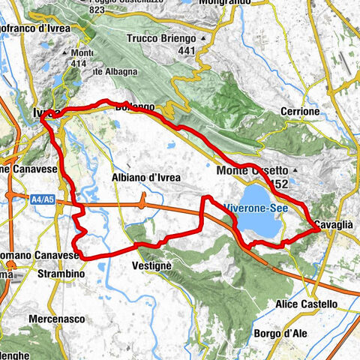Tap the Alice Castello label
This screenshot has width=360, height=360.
point(306,304)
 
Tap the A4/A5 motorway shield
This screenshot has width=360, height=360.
point(23,199)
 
